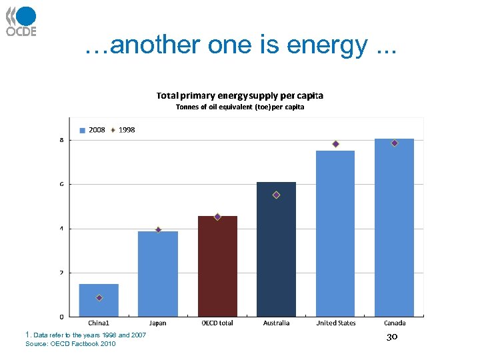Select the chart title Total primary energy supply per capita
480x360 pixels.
(x=239, y=96)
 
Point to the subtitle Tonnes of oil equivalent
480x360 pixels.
(x=239, y=107)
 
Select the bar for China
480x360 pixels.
(x=99, y=300)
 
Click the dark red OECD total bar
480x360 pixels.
(x=217, y=267)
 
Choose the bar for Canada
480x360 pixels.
(x=394, y=227)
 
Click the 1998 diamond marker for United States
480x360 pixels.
(x=335, y=144)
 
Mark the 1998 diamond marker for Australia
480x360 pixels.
(x=276, y=195)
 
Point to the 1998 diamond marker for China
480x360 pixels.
(x=99, y=298)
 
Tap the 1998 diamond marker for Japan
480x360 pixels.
(x=158, y=229)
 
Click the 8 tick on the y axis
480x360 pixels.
(x=61, y=140)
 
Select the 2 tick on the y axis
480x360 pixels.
(x=61, y=273)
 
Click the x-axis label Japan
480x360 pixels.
(x=158, y=323)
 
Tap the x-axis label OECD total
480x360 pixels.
(x=217, y=323)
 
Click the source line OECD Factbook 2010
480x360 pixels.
(x=70, y=344)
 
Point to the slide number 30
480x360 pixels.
(x=392, y=337)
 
